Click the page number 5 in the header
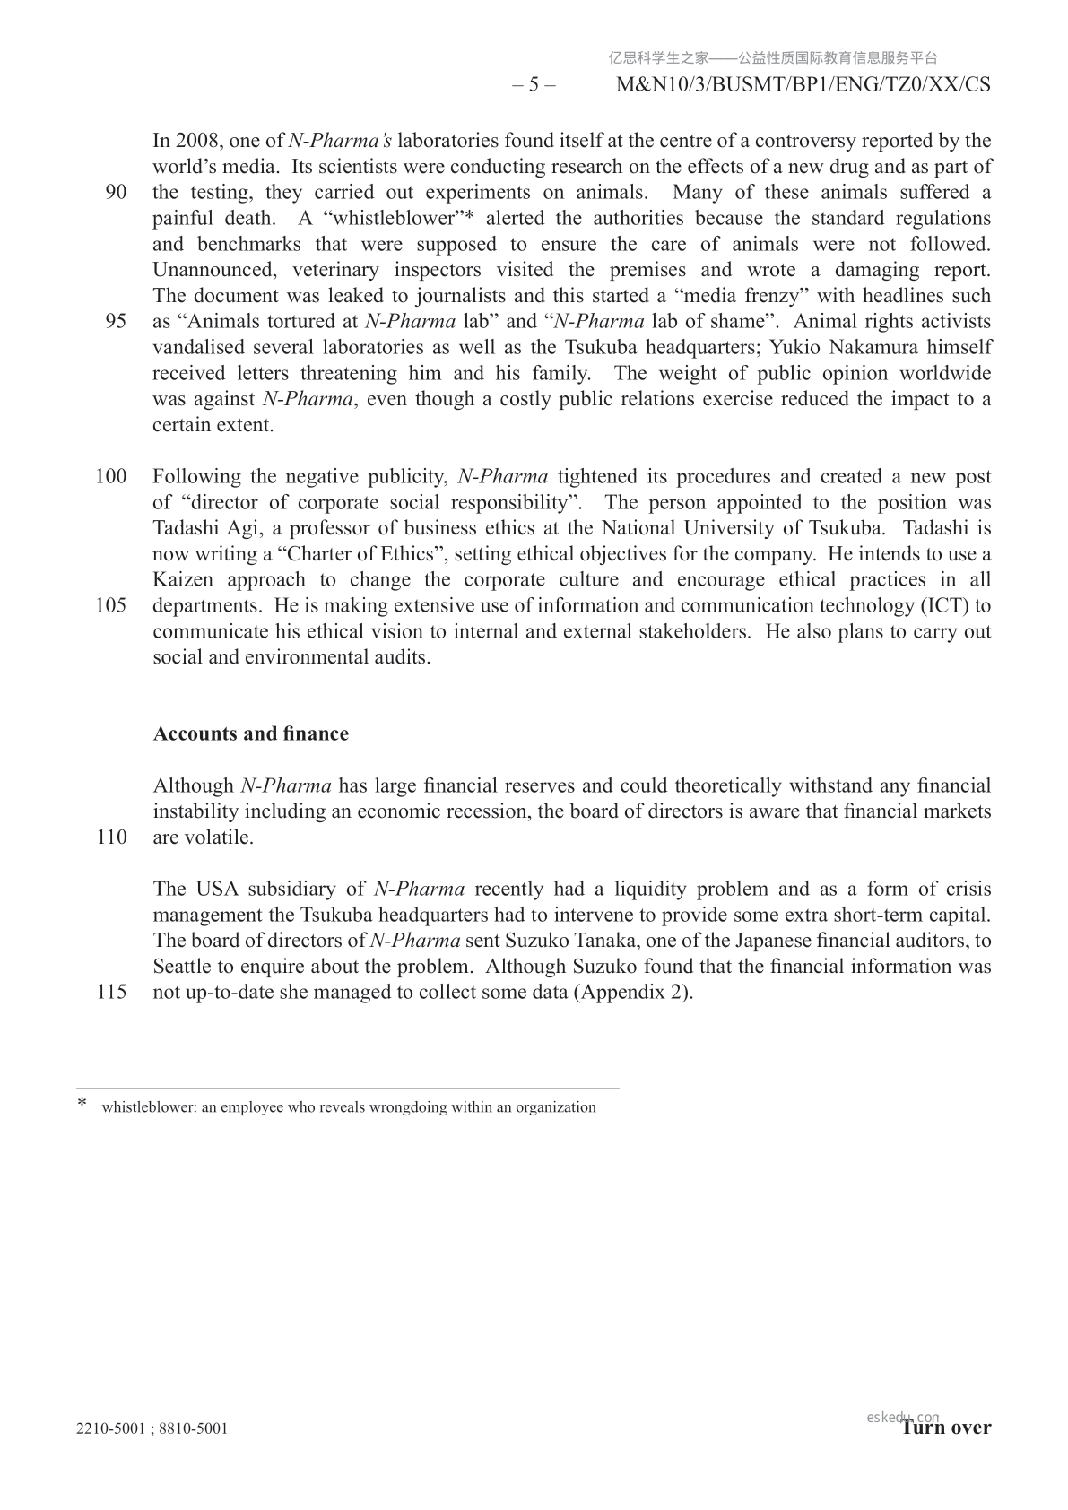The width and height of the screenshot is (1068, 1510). (x=534, y=85)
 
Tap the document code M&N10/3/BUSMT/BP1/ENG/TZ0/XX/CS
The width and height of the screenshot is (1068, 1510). (x=804, y=85)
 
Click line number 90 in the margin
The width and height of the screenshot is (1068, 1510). (x=116, y=193)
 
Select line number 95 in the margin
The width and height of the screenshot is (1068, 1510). (x=116, y=322)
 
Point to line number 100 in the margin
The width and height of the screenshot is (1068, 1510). (x=110, y=477)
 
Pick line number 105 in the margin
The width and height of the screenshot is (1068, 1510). (x=110, y=606)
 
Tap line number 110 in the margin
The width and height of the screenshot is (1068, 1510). (x=110, y=838)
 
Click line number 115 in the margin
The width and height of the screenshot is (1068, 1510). (x=110, y=994)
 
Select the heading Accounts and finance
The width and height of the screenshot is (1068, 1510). (x=251, y=734)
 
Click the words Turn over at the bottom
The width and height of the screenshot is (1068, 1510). (x=947, y=1428)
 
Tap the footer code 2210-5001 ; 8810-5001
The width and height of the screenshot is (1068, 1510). (x=152, y=1428)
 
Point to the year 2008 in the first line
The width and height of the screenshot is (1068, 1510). (x=197, y=141)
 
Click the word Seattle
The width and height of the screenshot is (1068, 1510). (x=183, y=968)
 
